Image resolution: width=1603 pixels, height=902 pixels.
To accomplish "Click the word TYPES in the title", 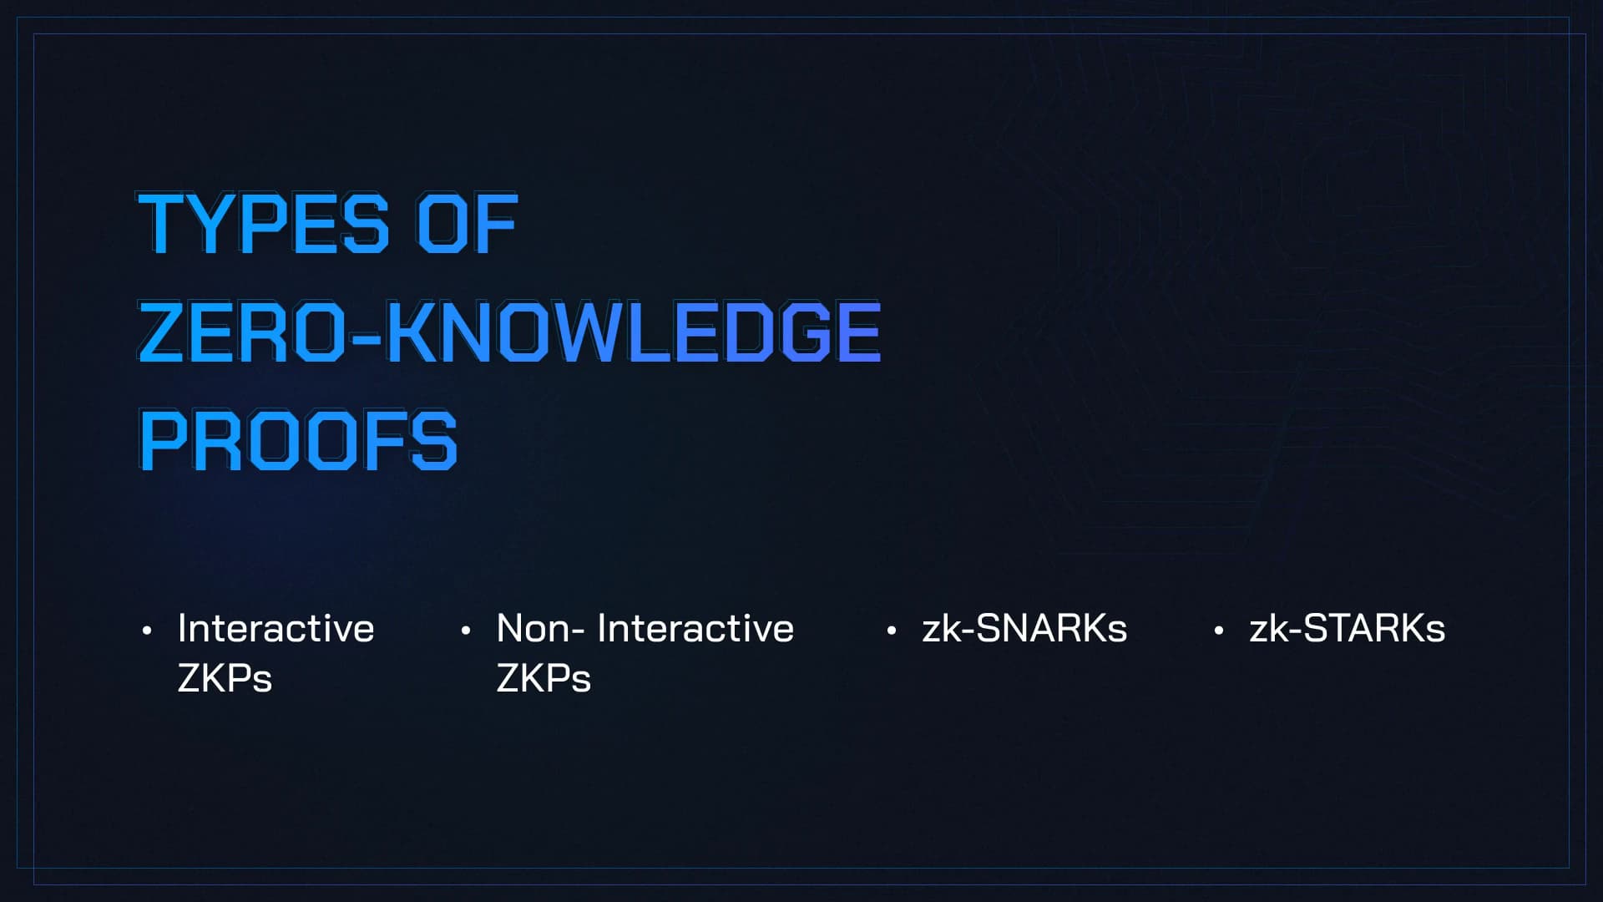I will pos(264,223).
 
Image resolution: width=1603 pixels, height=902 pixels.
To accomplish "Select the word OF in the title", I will pos(468,223).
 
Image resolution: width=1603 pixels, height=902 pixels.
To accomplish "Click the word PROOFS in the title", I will pos(298,440).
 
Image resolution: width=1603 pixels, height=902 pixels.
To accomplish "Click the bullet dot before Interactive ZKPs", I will pos(147,631).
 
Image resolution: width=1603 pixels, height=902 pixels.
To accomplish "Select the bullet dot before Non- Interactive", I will pos(466,631).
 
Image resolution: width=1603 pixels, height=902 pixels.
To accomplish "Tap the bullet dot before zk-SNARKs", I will pos(892,631).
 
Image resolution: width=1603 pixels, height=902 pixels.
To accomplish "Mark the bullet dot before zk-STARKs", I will pos(1219,631).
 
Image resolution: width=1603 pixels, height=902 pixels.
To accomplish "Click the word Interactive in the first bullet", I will pos(276,628).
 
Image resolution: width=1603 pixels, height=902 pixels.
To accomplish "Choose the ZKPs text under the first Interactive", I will pos(225,678).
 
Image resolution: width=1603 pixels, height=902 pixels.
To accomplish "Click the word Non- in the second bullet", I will pos(540,628).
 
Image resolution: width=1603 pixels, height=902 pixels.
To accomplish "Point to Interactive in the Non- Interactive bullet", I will pos(695,628).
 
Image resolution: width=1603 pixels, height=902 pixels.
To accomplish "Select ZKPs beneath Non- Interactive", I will pos(544,678).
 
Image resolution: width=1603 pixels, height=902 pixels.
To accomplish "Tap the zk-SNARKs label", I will pos(1024,628).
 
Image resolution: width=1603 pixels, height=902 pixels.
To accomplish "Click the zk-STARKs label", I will pos(1347,628).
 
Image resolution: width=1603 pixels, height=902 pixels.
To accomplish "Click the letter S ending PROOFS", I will pos(435,440).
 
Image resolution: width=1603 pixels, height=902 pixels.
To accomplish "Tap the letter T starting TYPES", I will pos(163,223).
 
